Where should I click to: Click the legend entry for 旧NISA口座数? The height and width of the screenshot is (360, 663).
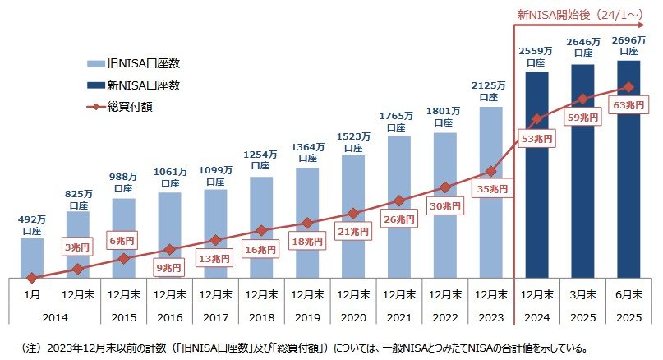click(136, 63)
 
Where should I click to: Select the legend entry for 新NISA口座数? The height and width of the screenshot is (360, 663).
click(136, 85)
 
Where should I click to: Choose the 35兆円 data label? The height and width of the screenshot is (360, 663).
click(492, 190)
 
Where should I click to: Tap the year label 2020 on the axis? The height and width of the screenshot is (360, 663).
click(352, 316)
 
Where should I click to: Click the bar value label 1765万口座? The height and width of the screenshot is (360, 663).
click(398, 122)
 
